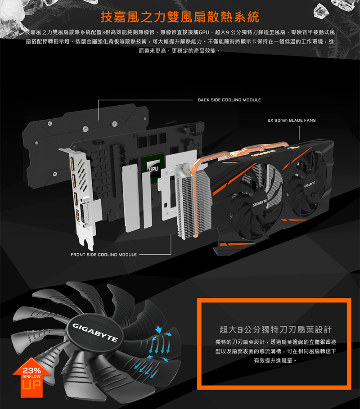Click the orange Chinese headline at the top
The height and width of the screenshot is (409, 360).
click(180, 17)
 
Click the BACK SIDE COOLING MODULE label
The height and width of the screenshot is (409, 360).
click(229, 100)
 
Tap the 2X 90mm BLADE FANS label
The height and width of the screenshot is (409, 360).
click(292, 120)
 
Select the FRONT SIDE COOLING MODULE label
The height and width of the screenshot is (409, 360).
click(103, 255)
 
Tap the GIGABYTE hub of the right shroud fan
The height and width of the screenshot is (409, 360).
click(309, 184)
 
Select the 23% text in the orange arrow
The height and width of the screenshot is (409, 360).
click(31, 370)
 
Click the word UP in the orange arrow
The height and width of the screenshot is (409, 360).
click(31, 385)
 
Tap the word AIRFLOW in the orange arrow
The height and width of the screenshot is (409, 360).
click(31, 377)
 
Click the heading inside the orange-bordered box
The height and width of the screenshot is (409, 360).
click(275, 329)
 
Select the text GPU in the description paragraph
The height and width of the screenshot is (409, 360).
click(204, 32)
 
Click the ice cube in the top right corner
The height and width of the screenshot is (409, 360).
click(321, 11)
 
